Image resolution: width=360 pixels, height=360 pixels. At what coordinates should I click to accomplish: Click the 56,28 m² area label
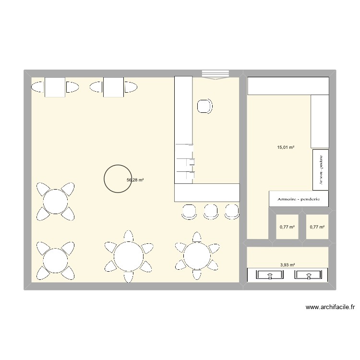pos(135,180)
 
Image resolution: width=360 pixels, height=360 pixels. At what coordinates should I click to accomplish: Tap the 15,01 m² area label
pos(286,148)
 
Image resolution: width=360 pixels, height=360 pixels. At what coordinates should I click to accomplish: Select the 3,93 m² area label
pos(288,264)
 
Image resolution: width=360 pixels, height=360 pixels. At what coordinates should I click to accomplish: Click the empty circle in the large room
pos(117,179)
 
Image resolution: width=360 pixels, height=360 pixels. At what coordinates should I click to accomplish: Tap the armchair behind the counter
pos(204,106)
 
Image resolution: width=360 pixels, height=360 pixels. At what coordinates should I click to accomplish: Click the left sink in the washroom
pos(270,275)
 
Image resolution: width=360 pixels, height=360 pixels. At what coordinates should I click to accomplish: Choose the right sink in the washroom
pos(307,275)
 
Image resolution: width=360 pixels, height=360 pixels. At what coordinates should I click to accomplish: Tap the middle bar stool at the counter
pos(210,211)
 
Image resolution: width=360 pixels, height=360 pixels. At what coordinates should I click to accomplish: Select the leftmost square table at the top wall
pos(55,87)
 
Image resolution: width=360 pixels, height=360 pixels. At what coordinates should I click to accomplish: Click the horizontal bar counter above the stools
pos(206,192)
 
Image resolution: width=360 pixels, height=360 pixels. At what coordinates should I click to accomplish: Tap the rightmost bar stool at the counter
pos(232,211)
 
